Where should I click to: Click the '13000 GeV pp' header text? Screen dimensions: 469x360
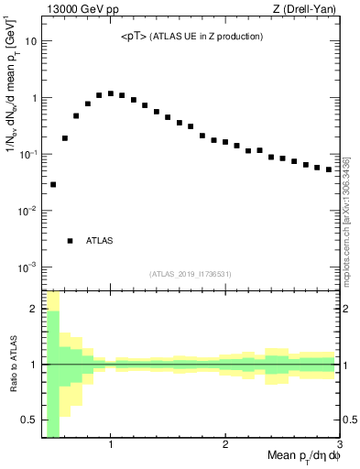(77, 9)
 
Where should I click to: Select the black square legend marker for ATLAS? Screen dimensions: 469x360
(70, 241)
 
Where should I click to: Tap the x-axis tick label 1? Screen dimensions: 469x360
(111, 444)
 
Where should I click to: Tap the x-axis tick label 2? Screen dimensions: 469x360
(225, 444)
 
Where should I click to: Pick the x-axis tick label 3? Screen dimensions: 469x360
(339, 444)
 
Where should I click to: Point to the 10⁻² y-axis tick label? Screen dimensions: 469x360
(28, 211)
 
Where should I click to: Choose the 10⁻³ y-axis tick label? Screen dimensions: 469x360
(28, 267)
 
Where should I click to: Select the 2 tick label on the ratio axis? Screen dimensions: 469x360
(35, 309)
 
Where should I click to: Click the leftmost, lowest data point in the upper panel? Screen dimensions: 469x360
(53, 184)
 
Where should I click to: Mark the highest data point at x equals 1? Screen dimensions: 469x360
(111, 93)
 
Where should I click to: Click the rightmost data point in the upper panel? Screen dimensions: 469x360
(329, 169)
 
